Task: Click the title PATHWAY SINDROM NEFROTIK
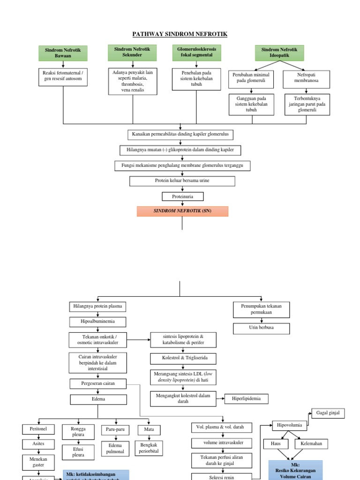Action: pyautogui.click(x=180, y=34)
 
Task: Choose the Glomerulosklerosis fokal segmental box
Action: pyautogui.click(x=196, y=52)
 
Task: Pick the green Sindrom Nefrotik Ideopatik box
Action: pyautogui.click(x=279, y=52)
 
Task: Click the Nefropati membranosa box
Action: pyautogui.click(x=307, y=79)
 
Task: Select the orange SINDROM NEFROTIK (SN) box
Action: pyautogui.click(x=182, y=211)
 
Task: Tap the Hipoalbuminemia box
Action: pyautogui.click(x=98, y=322)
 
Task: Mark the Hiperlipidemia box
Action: pyautogui.click(x=247, y=398)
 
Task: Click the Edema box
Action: pyautogui.click(x=98, y=399)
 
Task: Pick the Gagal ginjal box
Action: pyautogui.click(x=328, y=413)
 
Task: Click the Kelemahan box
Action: pyautogui.click(x=311, y=443)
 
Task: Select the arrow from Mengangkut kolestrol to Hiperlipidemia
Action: pyautogui.click(x=221, y=398)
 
